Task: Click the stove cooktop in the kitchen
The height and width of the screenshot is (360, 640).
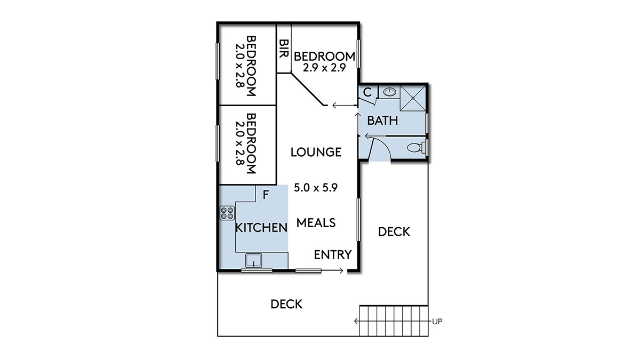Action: (x=227, y=213)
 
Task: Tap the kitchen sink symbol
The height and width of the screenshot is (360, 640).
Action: (x=254, y=261)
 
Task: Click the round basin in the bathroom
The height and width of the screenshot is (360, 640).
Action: (x=389, y=92)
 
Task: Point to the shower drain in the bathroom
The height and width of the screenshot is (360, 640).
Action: (x=413, y=98)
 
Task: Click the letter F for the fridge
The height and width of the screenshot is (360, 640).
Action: (x=266, y=195)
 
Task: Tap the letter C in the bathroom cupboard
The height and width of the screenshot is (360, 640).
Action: (x=367, y=92)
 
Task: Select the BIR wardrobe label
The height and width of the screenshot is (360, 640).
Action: (x=284, y=49)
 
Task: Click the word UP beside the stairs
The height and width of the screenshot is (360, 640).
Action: (x=437, y=322)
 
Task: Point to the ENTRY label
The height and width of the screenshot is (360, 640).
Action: (x=333, y=254)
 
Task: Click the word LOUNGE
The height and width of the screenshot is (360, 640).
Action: (x=316, y=152)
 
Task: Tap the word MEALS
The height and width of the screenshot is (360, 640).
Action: (x=316, y=223)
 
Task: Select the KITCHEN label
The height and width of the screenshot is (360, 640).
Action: (x=261, y=228)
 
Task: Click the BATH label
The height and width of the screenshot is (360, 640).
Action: (x=382, y=121)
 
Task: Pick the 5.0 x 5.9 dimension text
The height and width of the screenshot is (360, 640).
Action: (x=316, y=188)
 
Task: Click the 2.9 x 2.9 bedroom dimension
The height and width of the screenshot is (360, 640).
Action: (x=325, y=68)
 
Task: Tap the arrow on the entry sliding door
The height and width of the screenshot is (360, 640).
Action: (x=332, y=270)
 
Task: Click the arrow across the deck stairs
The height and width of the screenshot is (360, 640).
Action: (x=393, y=322)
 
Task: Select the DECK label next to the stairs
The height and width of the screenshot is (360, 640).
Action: (x=286, y=305)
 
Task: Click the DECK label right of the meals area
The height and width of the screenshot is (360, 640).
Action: (x=394, y=232)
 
